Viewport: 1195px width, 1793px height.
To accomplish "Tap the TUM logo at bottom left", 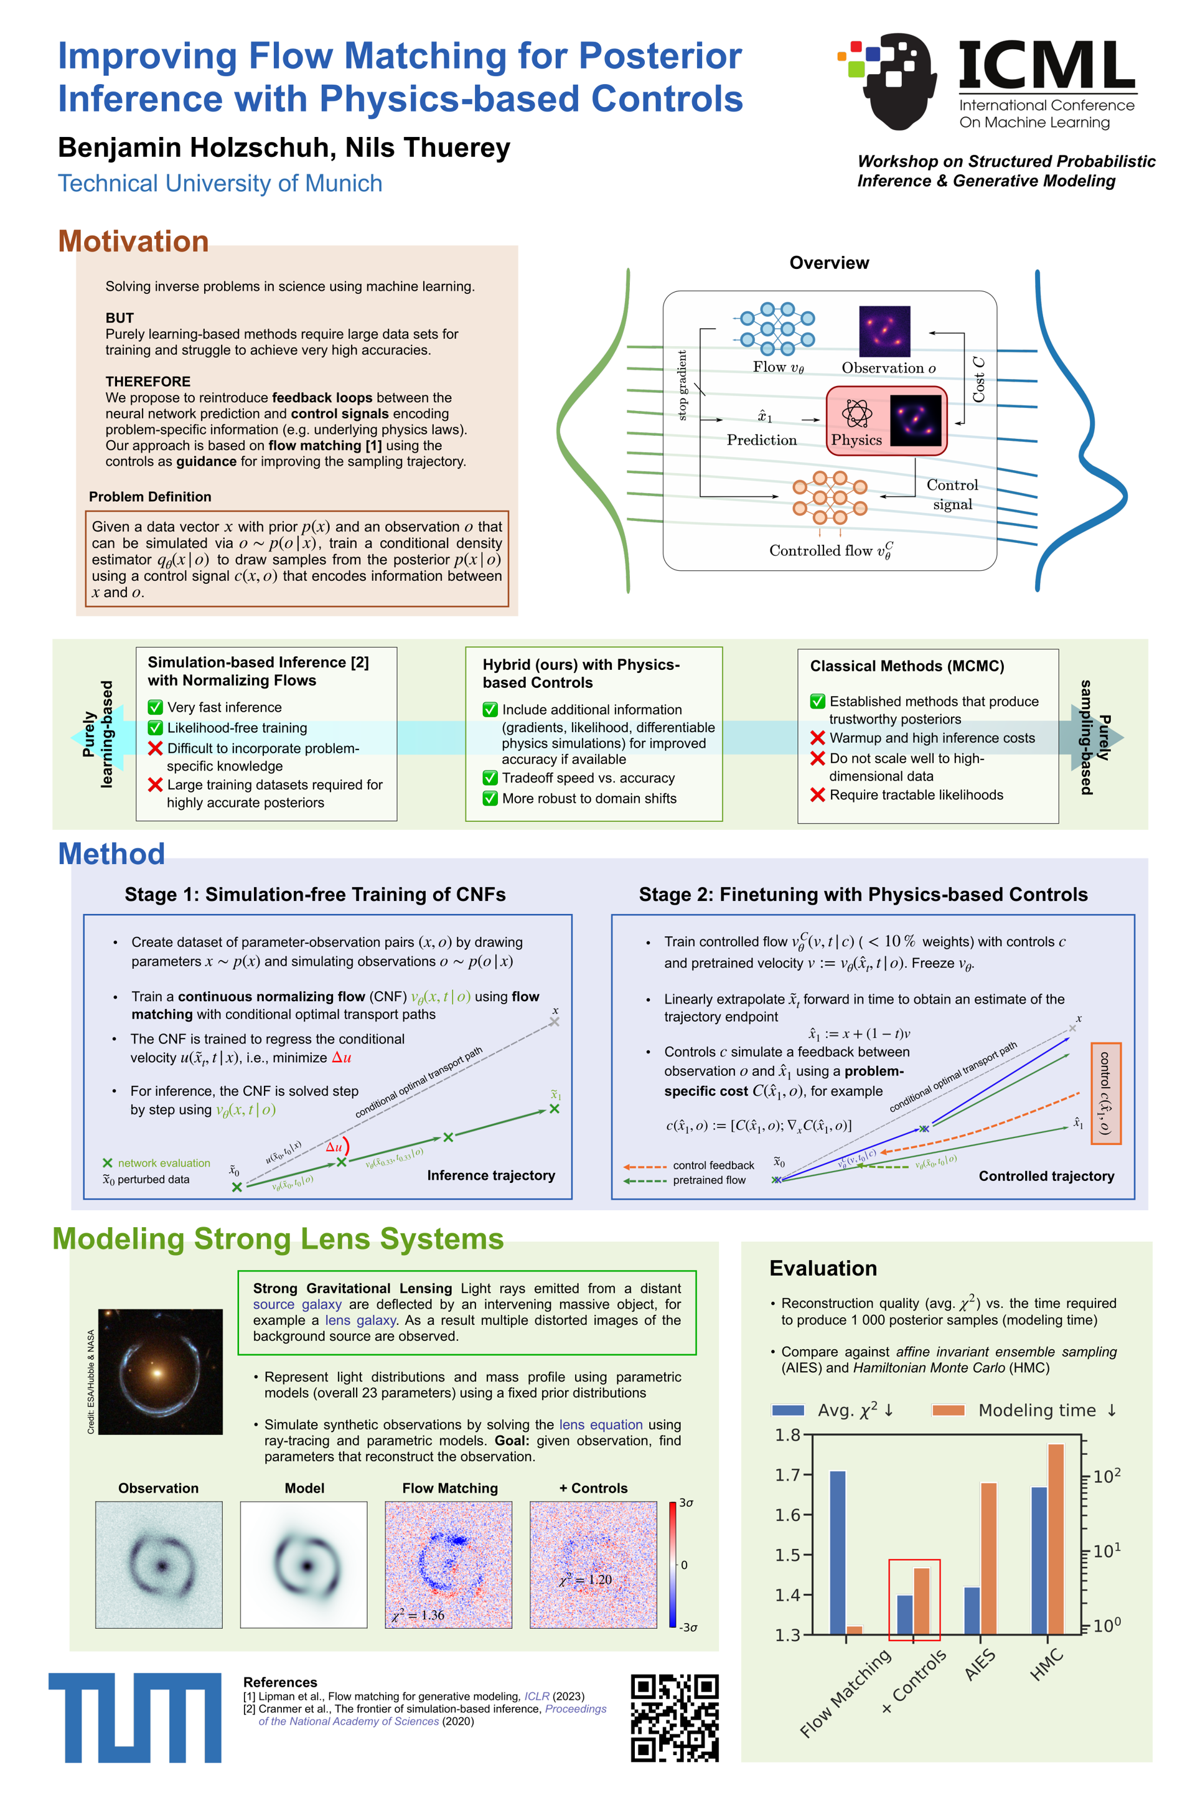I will click(135, 1717).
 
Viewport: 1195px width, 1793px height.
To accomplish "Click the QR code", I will click(675, 1717).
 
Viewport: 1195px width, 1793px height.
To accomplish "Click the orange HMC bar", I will click(1056, 1538).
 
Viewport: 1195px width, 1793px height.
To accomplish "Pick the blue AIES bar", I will click(972, 1610).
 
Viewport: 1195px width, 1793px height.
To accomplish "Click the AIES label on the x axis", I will click(980, 1664).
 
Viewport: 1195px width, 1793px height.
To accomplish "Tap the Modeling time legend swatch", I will click(948, 1410).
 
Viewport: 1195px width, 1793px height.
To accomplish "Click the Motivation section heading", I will click(133, 241).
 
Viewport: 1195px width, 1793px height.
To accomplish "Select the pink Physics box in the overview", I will click(886, 421).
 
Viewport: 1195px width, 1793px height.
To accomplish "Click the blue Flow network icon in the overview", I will click(777, 329).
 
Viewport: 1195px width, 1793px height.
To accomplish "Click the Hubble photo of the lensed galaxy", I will click(160, 1372).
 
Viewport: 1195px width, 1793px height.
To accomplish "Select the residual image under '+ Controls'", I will click(593, 1565).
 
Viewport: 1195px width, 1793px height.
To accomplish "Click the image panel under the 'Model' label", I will click(303, 1565).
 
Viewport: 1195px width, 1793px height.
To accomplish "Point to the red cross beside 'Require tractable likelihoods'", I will click(818, 795).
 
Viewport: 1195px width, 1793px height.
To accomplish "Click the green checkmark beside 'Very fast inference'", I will click(156, 707).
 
